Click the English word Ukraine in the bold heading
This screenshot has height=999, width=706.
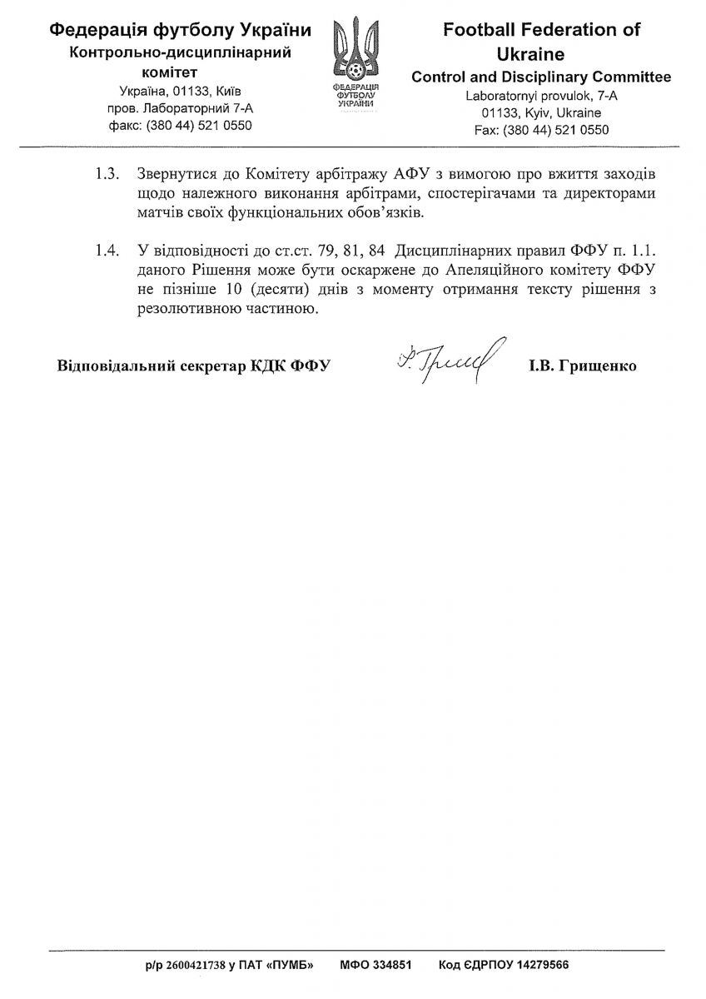542,54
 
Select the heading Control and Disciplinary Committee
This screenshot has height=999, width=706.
542,77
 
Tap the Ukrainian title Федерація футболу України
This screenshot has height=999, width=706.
181,31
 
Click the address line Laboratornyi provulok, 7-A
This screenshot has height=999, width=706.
542,96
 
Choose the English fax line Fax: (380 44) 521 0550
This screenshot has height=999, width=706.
542,130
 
